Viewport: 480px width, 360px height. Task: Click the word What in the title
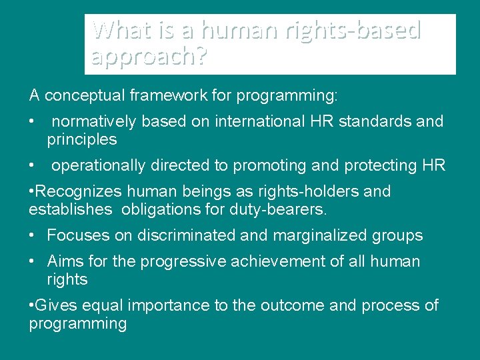coord(117,30)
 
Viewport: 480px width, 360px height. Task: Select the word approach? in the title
coord(149,58)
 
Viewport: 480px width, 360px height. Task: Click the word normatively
coord(94,121)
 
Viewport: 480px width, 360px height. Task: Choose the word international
coord(258,121)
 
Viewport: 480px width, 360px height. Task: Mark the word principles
coord(81,139)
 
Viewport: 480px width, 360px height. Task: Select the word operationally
coord(96,165)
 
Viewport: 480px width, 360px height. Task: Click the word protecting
coord(381,165)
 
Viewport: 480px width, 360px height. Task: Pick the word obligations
coord(157,210)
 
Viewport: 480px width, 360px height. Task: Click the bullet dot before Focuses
coord(32,236)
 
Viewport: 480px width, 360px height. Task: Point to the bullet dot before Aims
coord(32,262)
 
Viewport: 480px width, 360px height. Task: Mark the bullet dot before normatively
coord(32,122)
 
